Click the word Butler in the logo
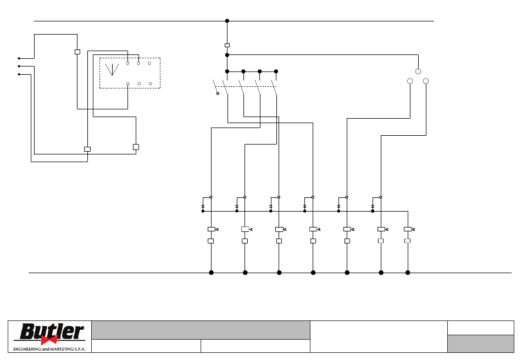click(52, 331)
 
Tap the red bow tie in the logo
click(49, 340)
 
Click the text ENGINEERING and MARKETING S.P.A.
click(49, 349)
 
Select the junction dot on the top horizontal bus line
click(227, 21)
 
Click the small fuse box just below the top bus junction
click(227, 45)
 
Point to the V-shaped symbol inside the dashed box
click(112, 69)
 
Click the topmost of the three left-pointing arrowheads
click(19, 58)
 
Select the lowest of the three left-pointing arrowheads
click(19, 74)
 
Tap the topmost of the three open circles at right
click(418, 71)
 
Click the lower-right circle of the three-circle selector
click(426, 81)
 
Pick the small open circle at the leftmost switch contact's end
click(218, 93)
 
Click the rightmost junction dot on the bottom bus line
click(408, 273)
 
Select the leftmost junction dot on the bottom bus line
click(211, 273)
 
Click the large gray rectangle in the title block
click(201, 330)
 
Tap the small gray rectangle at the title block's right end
click(481, 344)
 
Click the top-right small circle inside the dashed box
click(149, 63)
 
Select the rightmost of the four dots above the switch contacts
click(276, 71)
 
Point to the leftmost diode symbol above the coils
click(203, 207)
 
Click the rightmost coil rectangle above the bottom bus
click(408, 229)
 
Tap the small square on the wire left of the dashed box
click(77, 52)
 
